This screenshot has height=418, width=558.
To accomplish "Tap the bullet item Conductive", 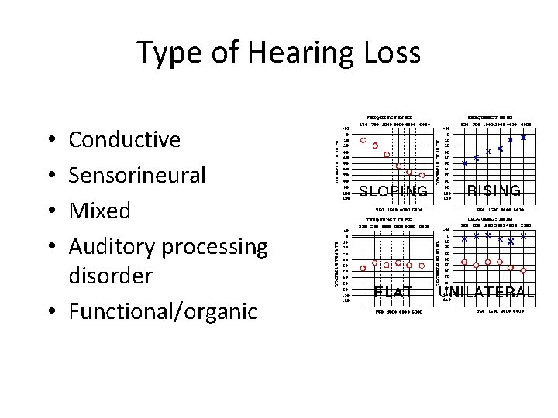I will coord(125,140).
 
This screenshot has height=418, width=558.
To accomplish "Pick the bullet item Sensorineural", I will coord(137,176).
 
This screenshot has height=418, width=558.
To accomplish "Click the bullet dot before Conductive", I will coord(50,141).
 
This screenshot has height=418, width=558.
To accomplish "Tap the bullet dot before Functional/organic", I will coord(50,311).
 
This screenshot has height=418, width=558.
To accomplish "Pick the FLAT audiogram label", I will coord(393,292).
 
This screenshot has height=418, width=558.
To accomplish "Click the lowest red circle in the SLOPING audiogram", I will coord(422,175).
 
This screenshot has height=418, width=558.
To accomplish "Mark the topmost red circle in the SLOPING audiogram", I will coord(363,139).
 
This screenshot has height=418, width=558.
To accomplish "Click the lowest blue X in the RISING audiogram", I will coord(464,163).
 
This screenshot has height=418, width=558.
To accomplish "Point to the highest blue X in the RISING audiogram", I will coord(524,137).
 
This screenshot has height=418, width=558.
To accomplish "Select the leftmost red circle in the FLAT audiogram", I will coord(364,268).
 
